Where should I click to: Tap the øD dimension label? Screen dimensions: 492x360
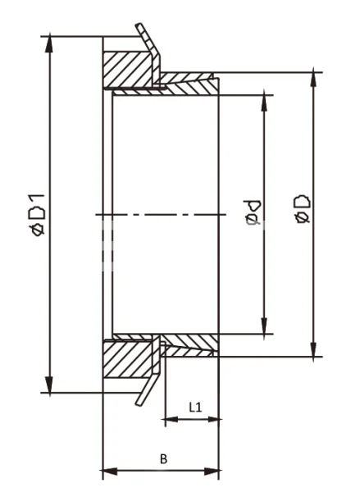click(301, 210)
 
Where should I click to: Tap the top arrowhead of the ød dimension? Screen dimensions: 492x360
click(265, 101)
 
